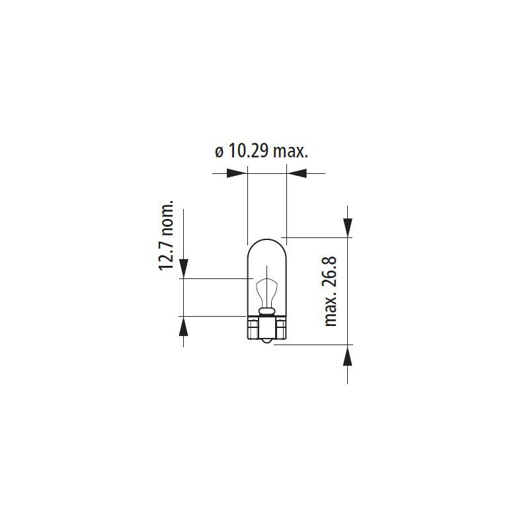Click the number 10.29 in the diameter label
(x=249, y=151)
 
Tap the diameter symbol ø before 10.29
(x=220, y=153)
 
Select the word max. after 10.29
(x=290, y=153)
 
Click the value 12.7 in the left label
(x=166, y=254)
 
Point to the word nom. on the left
(x=167, y=218)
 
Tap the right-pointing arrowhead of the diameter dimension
(x=235, y=173)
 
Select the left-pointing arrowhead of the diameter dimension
(x=298, y=173)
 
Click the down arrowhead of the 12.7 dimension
(x=183, y=268)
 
